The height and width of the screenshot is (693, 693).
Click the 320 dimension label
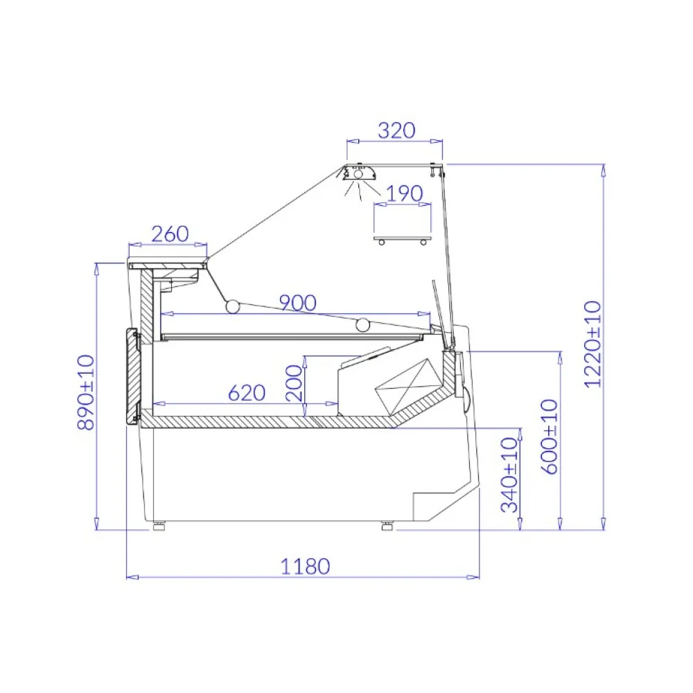pyautogui.click(x=396, y=130)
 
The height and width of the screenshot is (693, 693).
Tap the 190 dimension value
pyautogui.click(x=404, y=193)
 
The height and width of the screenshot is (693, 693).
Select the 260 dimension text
pyautogui.click(x=170, y=234)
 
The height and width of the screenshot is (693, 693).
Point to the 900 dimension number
pyautogui.click(x=298, y=303)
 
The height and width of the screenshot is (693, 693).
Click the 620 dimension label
pyautogui.click(x=247, y=392)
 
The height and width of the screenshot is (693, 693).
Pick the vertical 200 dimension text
pyautogui.click(x=295, y=383)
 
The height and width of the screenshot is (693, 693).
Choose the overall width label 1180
pyautogui.click(x=306, y=567)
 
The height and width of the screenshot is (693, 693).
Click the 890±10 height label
pyautogui.click(x=86, y=392)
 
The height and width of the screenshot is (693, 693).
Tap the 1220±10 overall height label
pyautogui.click(x=593, y=344)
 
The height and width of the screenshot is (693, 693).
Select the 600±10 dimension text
pyautogui.click(x=550, y=437)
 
